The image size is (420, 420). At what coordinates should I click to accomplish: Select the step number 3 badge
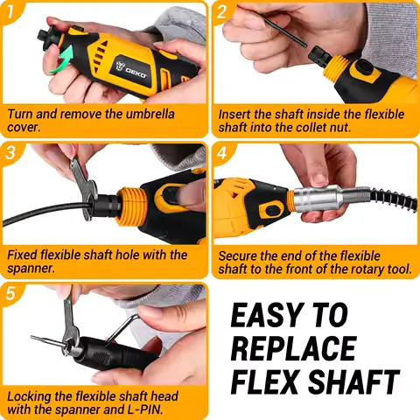(11, 152)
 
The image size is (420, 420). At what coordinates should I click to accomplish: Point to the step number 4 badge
(222, 152)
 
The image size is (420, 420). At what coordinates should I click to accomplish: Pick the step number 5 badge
(11, 293)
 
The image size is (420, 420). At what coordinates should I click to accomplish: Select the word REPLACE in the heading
(293, 347)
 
